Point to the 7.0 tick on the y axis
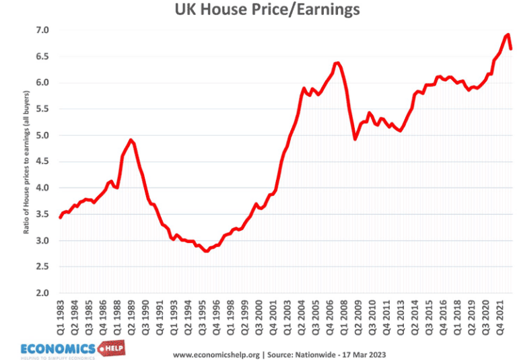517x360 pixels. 42,30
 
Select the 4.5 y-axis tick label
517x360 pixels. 42,161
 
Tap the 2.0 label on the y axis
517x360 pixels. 42,293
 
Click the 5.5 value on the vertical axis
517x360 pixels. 42,109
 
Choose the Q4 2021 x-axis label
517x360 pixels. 500,317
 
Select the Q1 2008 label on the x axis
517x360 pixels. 346,317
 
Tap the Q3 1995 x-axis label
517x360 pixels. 201,317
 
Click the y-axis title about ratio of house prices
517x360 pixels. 26,162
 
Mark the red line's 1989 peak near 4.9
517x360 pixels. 131,140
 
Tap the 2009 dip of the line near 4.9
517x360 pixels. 355,139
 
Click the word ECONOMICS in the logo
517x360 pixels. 57,348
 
